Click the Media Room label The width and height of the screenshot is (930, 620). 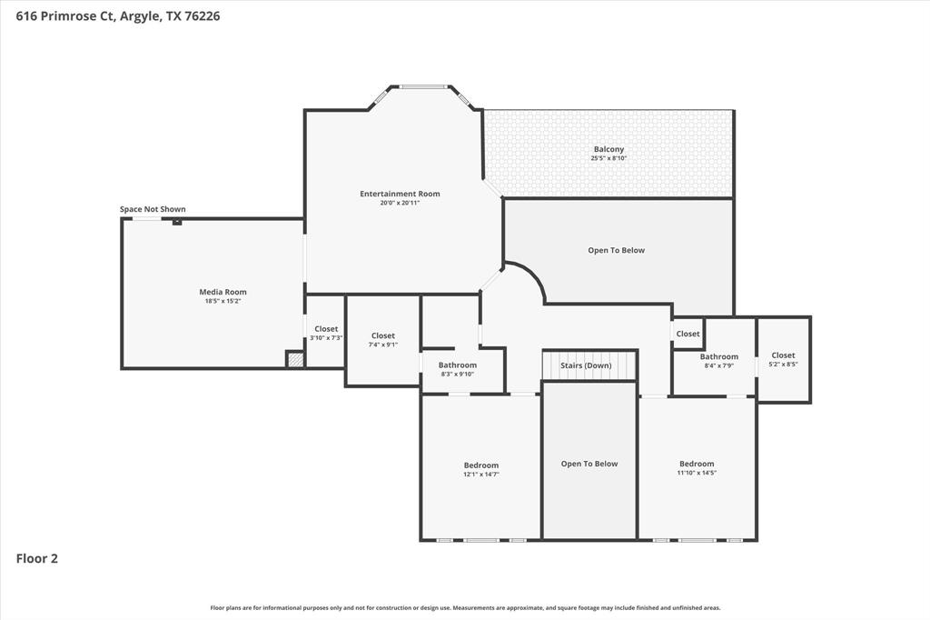pyautogui.click(x=223, y=292)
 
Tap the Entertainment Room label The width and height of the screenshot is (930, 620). pyautogui.click(x=400, y=194)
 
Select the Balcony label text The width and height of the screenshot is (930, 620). pyautogui.click(x=608, y=149)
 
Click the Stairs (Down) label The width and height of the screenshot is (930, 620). pyautogui.click(x=586, y=365)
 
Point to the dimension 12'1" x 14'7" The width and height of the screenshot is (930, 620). pyautogui.click(x=481, y=475)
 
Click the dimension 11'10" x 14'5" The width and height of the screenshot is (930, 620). pyautogui.click(x=697, y=473)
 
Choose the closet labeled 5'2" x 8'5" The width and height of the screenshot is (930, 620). pyautogui.click(x=783, y=360)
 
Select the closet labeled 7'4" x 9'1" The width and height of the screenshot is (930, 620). pyautogui.click(x=383, y=340)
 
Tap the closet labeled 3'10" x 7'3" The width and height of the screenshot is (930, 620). pyautogui.click(x=326, y=334)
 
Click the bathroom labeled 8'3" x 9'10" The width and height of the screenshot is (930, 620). pyautogui.click(x=457, y=369)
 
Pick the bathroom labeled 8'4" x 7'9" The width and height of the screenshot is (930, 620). pyautogui.click(x=719, y=361)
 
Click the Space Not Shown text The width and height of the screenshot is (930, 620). pyautogui.click(x=153, y=209)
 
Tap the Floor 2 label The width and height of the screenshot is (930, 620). pyautogui.click(x=37, y=559)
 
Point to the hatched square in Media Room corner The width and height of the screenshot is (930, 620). pyautogui.click(x=295, y=359)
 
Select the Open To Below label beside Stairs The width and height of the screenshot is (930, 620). pyautogui.click(x=589, y=464)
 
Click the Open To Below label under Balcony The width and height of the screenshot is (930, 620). pyautogui.click(x=617, y=250)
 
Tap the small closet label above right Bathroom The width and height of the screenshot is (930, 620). pyautogui.click(x=688, y=334)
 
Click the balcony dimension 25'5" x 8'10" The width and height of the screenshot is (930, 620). pyautogui.click(x=608, y=158)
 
